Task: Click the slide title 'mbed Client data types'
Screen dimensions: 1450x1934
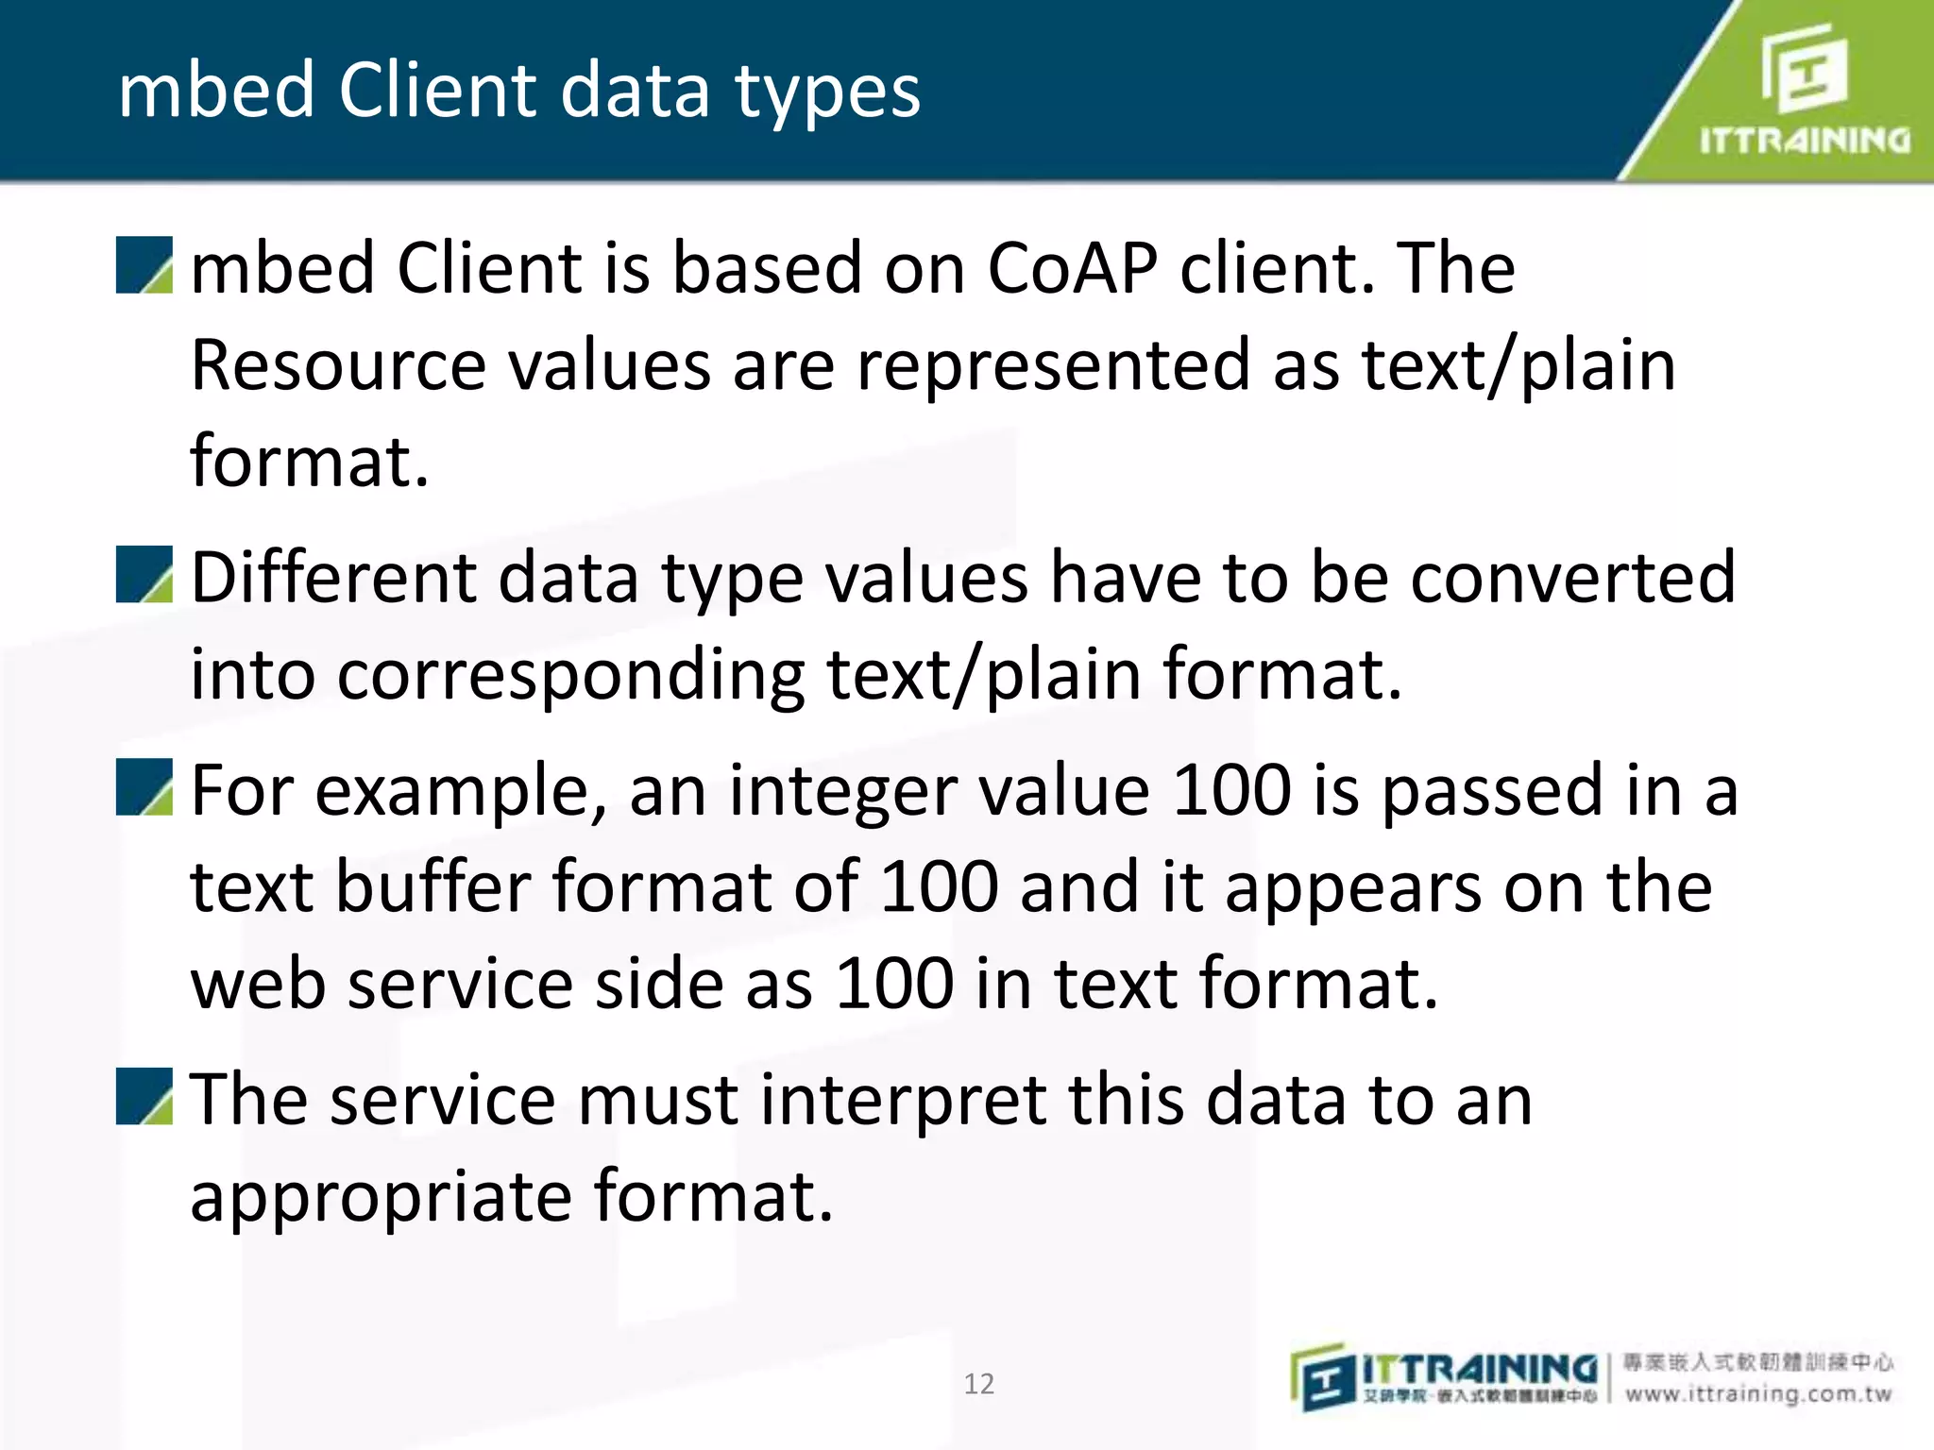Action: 518,91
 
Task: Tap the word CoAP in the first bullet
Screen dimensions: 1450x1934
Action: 1073,269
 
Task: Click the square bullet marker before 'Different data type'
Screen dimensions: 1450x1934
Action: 144,575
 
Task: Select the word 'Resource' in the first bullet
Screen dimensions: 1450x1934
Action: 338,366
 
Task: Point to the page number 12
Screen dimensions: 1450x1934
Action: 978,1383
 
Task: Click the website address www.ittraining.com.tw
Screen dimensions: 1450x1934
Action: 1758,1394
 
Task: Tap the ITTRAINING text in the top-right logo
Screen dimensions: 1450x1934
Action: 1805,142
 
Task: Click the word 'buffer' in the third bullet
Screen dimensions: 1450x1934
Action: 433,887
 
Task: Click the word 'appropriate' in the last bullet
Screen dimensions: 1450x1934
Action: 381,1197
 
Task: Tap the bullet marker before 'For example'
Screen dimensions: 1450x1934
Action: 144,787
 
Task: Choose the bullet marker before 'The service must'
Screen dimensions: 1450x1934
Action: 144,1097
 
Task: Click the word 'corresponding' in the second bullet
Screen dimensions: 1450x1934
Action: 571,676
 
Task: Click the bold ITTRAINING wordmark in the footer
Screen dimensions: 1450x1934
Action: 1479,1369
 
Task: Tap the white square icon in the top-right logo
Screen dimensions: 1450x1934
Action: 1804,69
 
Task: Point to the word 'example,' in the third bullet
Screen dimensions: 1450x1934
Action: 461,791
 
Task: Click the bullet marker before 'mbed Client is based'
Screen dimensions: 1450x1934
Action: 144,265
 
